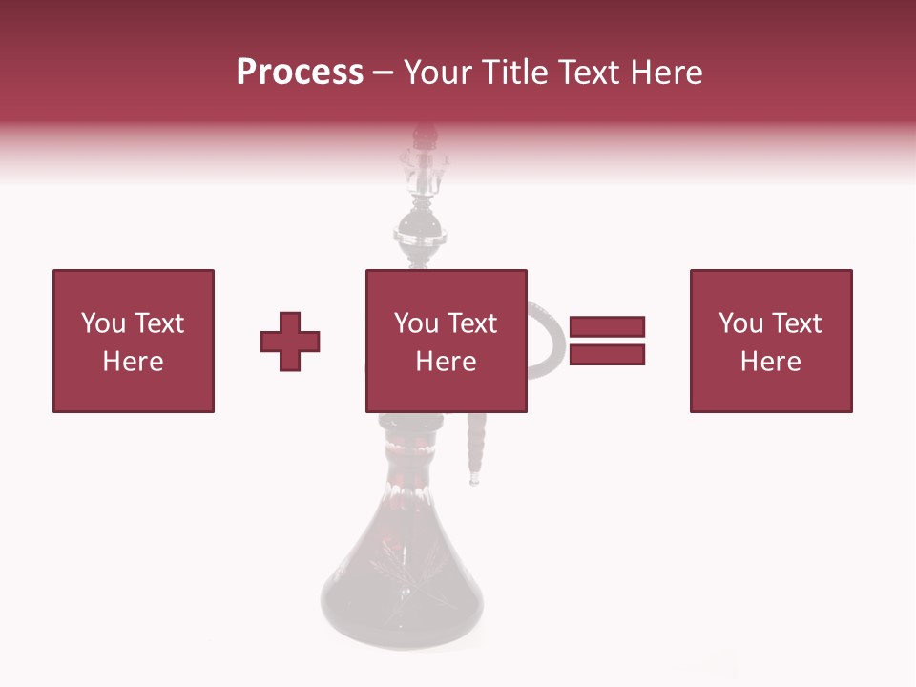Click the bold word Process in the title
(x=300, y=73)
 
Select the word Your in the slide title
(x=440, y=73)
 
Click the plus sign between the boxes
(x=290, y=341)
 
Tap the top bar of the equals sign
(x=607, y=326)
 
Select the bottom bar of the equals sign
(x=607, y=355)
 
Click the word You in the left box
(x=102, y=323)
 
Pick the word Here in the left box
(x=133, y=362)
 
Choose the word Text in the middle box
(x=471, y=323)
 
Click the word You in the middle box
(x=416, y=323)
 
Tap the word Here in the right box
(x=770, y=362)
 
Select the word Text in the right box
(x=796, y=323)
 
